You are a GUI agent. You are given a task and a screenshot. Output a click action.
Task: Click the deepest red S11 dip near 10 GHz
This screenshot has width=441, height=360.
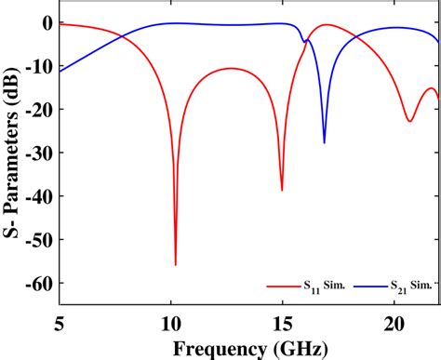pyautogui.click(x=175, y=264)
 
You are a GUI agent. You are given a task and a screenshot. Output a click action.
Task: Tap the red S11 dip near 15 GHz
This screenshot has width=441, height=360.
pyautogui.click(x=282, y=190)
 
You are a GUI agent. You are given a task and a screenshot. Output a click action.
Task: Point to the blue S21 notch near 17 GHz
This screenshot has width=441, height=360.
pyautogui.click(x=324, y=142)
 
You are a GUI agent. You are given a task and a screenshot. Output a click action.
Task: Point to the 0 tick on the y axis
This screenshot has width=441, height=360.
pyautogui.click(x=44, y=23)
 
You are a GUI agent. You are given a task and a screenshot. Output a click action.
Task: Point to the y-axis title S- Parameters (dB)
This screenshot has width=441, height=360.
pyautogui.click(x=12, y=153)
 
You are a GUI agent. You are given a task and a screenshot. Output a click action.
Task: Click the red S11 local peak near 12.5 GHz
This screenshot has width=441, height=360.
pyautogui.click(x=230, y=68)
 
